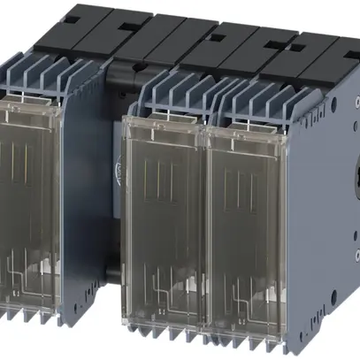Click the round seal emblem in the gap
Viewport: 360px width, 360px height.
(121, 165)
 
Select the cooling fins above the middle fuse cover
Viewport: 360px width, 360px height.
(172, 93)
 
